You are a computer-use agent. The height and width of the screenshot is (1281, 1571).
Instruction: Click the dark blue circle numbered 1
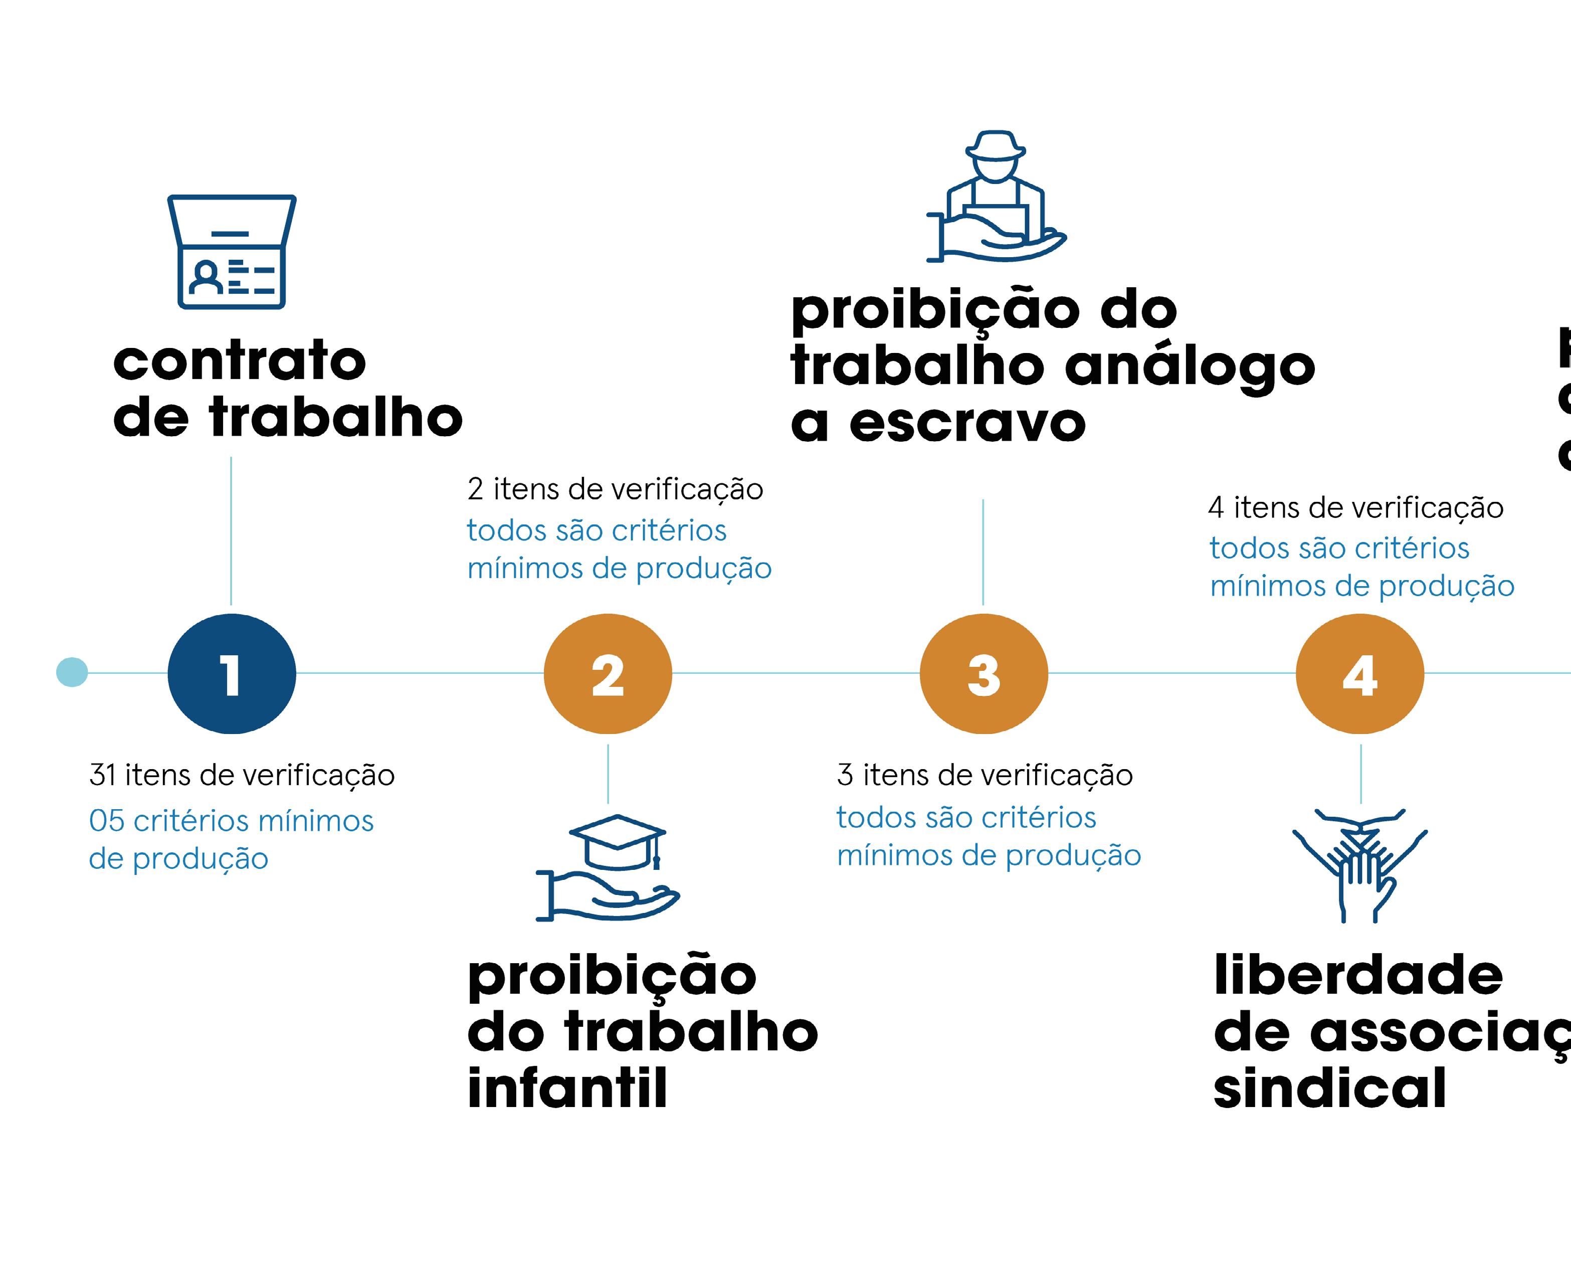[x=232, y=674]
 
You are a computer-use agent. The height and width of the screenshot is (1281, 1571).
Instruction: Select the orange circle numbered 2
[x=608, y=674]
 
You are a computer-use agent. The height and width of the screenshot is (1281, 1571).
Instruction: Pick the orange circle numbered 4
[x=1359, y=674]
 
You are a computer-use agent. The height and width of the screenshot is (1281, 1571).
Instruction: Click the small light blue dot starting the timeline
[x=72, y=672]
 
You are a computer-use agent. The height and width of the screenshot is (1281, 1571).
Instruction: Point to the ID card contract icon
[x=232, y=252]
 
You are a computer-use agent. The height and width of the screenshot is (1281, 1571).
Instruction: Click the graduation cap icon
[x=618, y=843]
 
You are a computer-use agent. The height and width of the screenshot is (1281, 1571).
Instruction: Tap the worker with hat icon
[x=996, y=196]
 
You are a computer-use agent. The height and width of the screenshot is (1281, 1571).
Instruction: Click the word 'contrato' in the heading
[x=240, y=361]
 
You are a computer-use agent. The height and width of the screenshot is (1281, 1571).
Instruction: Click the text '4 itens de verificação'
[x=1355, y=508]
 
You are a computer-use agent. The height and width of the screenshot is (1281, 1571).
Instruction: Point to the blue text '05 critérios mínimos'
[x=231, y=821]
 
